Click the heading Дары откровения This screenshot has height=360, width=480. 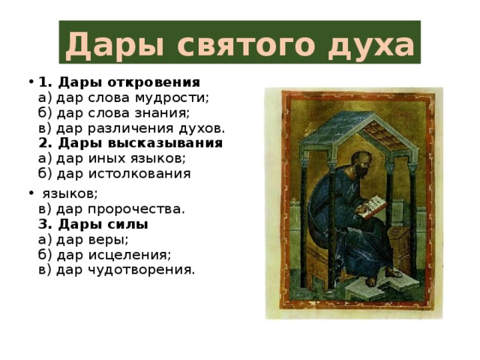pos(129,82)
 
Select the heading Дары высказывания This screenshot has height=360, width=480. pos(140,143)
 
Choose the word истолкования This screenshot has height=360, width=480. pos(139,174)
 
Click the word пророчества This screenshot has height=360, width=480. pos(136,210)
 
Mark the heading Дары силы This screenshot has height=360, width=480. pos(103,224)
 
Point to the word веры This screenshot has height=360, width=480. pos(108,240)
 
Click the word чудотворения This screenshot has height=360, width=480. pos(142,270)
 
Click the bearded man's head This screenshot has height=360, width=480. pos(361,163)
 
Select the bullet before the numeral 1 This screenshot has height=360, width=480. pos(31,82)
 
